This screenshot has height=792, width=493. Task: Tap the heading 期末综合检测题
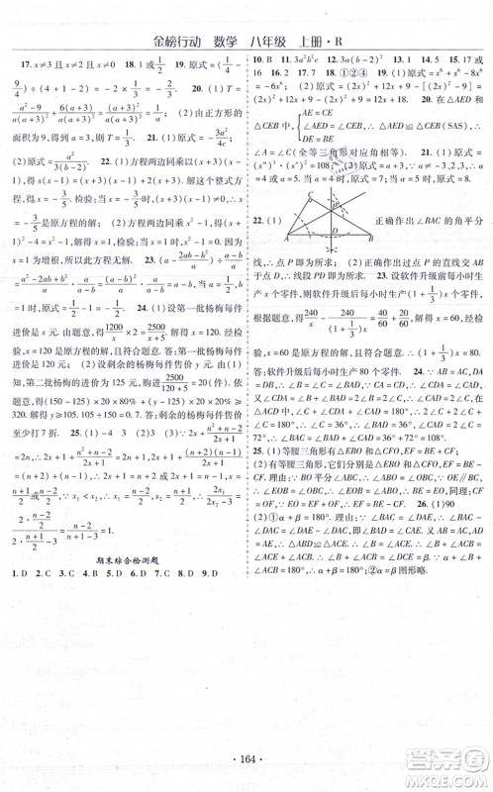pos(123,574)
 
